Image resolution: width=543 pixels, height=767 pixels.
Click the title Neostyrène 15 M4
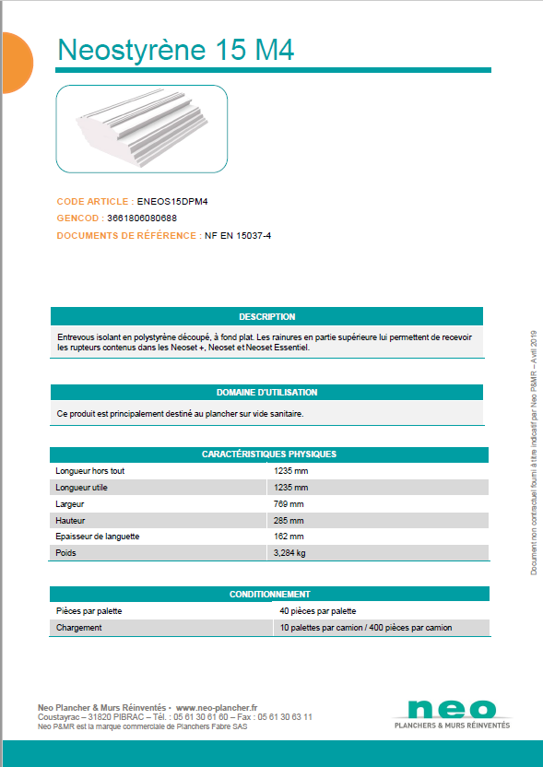coord(176,50)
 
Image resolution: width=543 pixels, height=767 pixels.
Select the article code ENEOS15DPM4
coord(166,201)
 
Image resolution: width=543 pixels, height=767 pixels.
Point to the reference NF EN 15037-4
coord(238,236)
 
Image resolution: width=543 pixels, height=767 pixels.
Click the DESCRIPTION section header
coord(266,317)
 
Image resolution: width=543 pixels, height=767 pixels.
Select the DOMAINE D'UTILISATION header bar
coord(266,393)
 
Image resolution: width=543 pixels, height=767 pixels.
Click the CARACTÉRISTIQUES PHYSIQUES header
coord(268,454)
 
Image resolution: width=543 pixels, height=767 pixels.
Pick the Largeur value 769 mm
coord(289,504)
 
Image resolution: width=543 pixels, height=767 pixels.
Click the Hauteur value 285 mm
coord(289,521)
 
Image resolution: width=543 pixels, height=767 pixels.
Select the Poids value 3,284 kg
coord(289,554)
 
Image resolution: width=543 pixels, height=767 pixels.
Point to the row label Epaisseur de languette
coord(98,537)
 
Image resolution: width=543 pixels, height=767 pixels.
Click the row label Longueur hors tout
coord(89,471)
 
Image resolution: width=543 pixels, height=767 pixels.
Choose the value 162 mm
coord(289,537)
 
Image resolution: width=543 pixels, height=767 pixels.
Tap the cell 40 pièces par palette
coord(317,611)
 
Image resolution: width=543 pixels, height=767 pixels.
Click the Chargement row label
coord(78,628)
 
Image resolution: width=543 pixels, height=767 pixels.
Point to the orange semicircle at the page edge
coord(16,63)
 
